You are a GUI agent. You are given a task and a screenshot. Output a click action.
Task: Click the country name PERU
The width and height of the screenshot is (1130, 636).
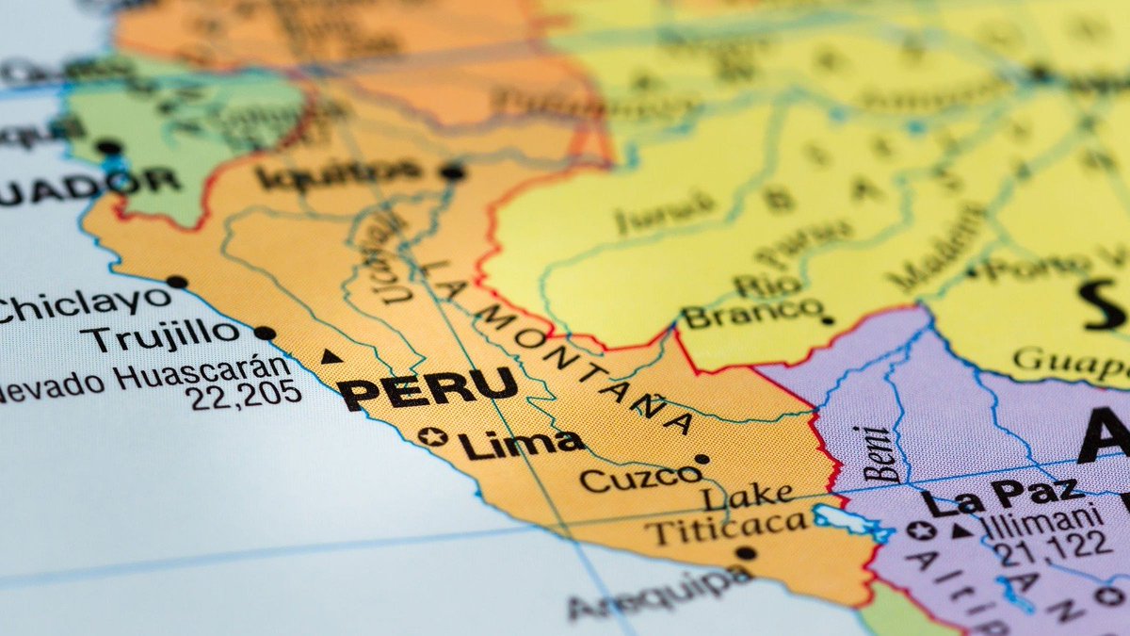[428, 387]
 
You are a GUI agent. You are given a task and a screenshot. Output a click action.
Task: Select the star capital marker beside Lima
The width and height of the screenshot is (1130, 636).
[432, 437]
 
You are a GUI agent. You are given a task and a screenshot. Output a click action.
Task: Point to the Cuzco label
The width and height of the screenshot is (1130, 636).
[640, 479]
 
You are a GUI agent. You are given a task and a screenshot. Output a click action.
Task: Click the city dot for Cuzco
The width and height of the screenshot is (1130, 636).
[702, 460]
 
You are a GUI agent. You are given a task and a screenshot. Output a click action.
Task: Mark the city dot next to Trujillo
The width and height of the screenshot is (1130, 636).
[265, 333]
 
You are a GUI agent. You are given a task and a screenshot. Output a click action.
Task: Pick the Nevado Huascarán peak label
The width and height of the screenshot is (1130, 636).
[141, 377]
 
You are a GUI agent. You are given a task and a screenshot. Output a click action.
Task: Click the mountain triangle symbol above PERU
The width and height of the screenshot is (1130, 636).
[330, 356]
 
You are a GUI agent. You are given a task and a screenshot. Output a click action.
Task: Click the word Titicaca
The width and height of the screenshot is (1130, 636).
[725, 529]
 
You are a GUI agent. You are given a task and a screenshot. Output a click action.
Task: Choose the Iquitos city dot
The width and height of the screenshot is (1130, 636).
[453, 171]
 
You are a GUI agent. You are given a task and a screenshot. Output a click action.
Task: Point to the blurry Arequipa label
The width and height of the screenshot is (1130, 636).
[659, 592]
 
